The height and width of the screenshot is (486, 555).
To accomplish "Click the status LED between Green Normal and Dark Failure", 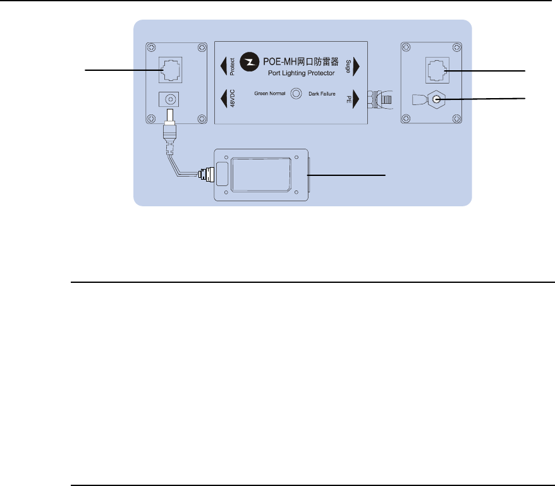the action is [295, 93].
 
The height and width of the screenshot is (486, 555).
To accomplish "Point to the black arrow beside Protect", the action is [224, 65].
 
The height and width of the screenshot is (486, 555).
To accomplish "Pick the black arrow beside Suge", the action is [357, 65].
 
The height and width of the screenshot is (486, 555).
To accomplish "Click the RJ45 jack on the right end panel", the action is [436, 69].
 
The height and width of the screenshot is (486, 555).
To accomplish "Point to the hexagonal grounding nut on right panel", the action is [436, 99].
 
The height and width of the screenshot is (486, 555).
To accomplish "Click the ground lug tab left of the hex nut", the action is [418, 100].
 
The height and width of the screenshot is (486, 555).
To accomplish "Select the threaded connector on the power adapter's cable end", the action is [205, 173].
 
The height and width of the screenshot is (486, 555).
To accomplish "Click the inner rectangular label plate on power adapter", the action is [261, 175].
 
